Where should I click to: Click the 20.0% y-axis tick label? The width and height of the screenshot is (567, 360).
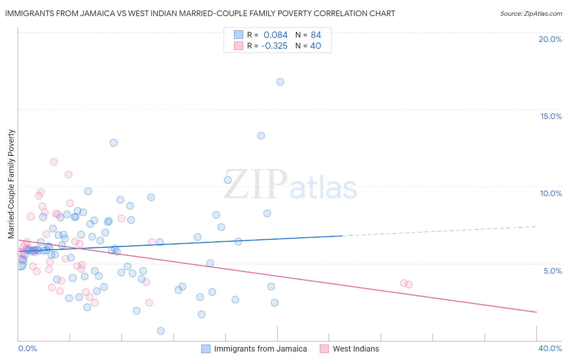point(550,39)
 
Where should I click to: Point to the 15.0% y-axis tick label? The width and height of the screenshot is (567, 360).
point(551,116)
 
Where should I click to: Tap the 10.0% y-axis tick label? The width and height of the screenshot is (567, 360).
point(551,193)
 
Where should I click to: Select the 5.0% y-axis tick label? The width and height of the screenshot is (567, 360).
point(552,271)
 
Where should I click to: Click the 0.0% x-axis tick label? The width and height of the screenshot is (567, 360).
point(27,348)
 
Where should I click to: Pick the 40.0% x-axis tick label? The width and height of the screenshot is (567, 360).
point(550,348)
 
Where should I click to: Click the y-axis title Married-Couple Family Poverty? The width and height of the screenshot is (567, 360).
point(11,184)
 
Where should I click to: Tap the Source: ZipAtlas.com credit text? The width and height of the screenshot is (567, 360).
point(531,13)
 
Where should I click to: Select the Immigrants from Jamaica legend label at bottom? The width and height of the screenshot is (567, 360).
point(260,349)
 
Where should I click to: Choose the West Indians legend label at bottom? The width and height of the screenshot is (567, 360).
point(356,349)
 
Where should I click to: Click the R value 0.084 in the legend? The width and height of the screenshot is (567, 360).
point(275,35)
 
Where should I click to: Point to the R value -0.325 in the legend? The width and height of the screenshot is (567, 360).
point(274,46)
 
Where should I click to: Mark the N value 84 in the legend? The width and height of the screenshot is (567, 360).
point(316,35)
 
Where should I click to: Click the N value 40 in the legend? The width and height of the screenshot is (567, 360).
point(315,46)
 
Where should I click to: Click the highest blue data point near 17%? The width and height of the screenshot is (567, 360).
point(280,82)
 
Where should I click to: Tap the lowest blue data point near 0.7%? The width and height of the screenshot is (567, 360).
point(161,331)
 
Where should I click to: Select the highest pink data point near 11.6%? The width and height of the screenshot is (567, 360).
point(54,162)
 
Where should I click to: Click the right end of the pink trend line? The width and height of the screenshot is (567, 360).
point(536,312)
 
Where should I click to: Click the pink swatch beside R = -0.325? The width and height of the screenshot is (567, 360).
point(239,46)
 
